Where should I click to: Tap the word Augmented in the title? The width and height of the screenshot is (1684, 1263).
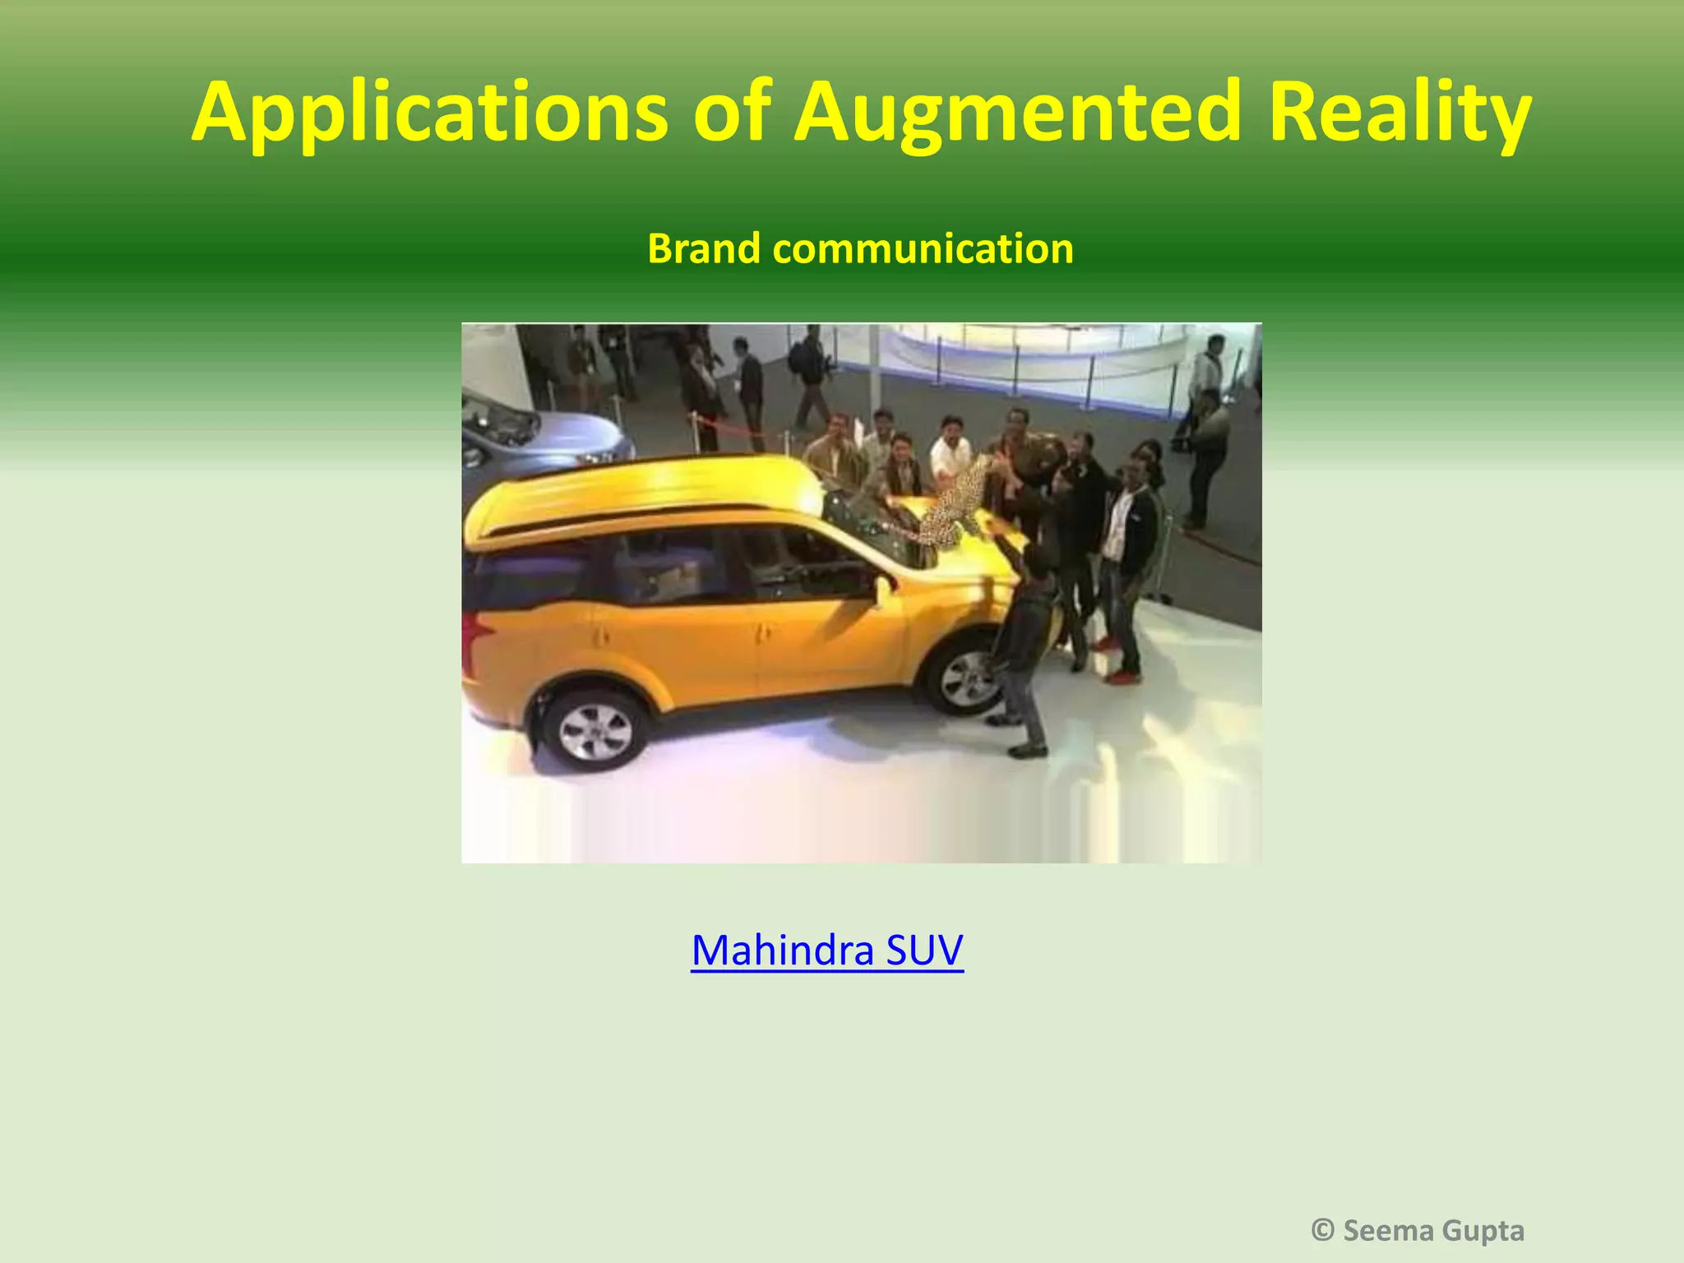click(x=1016, y=112)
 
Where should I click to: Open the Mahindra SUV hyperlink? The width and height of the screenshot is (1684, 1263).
click(x=826, y=951)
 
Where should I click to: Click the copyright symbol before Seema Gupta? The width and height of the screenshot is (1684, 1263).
click(x=1322, y=1230)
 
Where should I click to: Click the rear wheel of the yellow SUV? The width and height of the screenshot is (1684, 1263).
click(x=594, y=730)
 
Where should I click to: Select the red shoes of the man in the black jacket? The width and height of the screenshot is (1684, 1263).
click(x=1122, y=677)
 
